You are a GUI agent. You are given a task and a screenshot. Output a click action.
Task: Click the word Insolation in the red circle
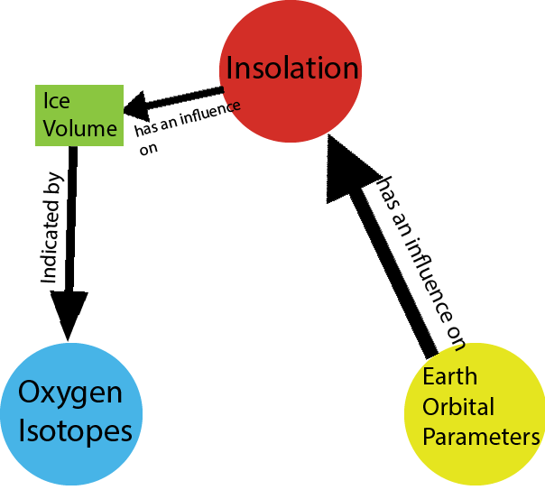tap(292, 68)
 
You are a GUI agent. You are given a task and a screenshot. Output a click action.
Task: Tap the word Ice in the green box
tap(57, 101)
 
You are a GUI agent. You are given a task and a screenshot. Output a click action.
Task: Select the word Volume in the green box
tap(80, 128)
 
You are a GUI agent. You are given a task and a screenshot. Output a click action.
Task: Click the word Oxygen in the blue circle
tap(70, 393)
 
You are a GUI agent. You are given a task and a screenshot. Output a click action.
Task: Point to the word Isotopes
tap(75, 432)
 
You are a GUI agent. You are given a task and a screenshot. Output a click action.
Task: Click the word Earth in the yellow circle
tap(449, 376)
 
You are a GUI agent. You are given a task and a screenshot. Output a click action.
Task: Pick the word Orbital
tap(458, 407)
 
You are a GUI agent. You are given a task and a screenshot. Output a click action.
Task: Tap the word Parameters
tap(482, 437)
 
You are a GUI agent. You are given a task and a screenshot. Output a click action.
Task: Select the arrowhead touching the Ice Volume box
tap(136, 106)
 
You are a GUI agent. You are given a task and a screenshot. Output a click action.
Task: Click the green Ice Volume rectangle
tap(79, 116)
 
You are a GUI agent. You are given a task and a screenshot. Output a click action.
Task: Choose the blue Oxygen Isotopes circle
tap(71, 414)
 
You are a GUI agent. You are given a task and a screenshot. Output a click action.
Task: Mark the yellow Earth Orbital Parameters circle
tap(475, 414)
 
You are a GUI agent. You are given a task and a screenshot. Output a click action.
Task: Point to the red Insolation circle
tap(291, 71)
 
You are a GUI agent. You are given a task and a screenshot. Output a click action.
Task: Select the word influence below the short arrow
tap(210, 113)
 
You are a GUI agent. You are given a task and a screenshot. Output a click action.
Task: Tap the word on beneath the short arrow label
tap(148, 149)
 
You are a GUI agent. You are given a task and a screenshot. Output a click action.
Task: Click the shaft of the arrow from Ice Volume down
tap(71, 219)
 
